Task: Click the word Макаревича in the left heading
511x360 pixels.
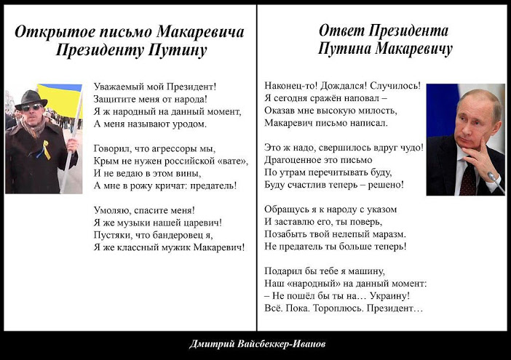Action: pyautogui.click(x=200, y=32)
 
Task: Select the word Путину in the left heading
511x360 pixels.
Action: pyautogui.click(x=178, y=50)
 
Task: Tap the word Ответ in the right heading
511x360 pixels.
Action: pyautogui.click(x=342, y=31)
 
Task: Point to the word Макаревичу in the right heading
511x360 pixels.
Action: pyautogui.click(x=414, y=49)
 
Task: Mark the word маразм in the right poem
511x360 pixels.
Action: pyautogui.click(x=389, y=234)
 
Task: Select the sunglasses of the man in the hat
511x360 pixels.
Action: pyautogui.click(x=31, y=108)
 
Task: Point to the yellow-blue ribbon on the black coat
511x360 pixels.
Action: pyautogui.click(x=45, y=150)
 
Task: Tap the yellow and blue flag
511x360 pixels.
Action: pyautogui.click(x=60, y=100)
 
